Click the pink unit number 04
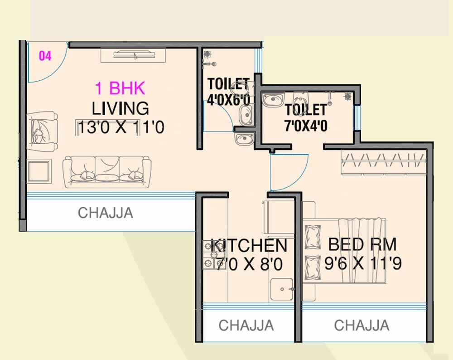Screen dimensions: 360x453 pyautogui.click(x=45, y=56)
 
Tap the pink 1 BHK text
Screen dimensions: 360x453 pyautogui.click(x=120, y=88)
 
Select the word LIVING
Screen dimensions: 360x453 pyautogui.click(x=120, y=109)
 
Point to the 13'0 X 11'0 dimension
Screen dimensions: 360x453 pyautogui.click(x=120, y=127)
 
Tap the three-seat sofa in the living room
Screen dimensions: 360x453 pyautogui.click(x=107, y=171)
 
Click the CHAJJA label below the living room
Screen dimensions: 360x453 pyautogui.click(x=105, y=213)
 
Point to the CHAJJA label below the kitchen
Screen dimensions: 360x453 pyautogui.click(x=246, y=325)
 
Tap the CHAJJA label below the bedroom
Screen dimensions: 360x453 pyautogui.click(x=361, y=325)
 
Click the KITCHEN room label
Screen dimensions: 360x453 pyautogui.click(x=249, y=246)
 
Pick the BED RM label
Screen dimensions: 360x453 pyautogui.click(x=362, y=244)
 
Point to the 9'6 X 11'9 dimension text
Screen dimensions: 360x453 pyautogui.click(x=363, y=263)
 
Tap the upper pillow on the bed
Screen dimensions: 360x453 pyautogui.click(x=312, y=236)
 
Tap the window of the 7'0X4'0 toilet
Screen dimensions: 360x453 pyautogui.click(x=357, y=118)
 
